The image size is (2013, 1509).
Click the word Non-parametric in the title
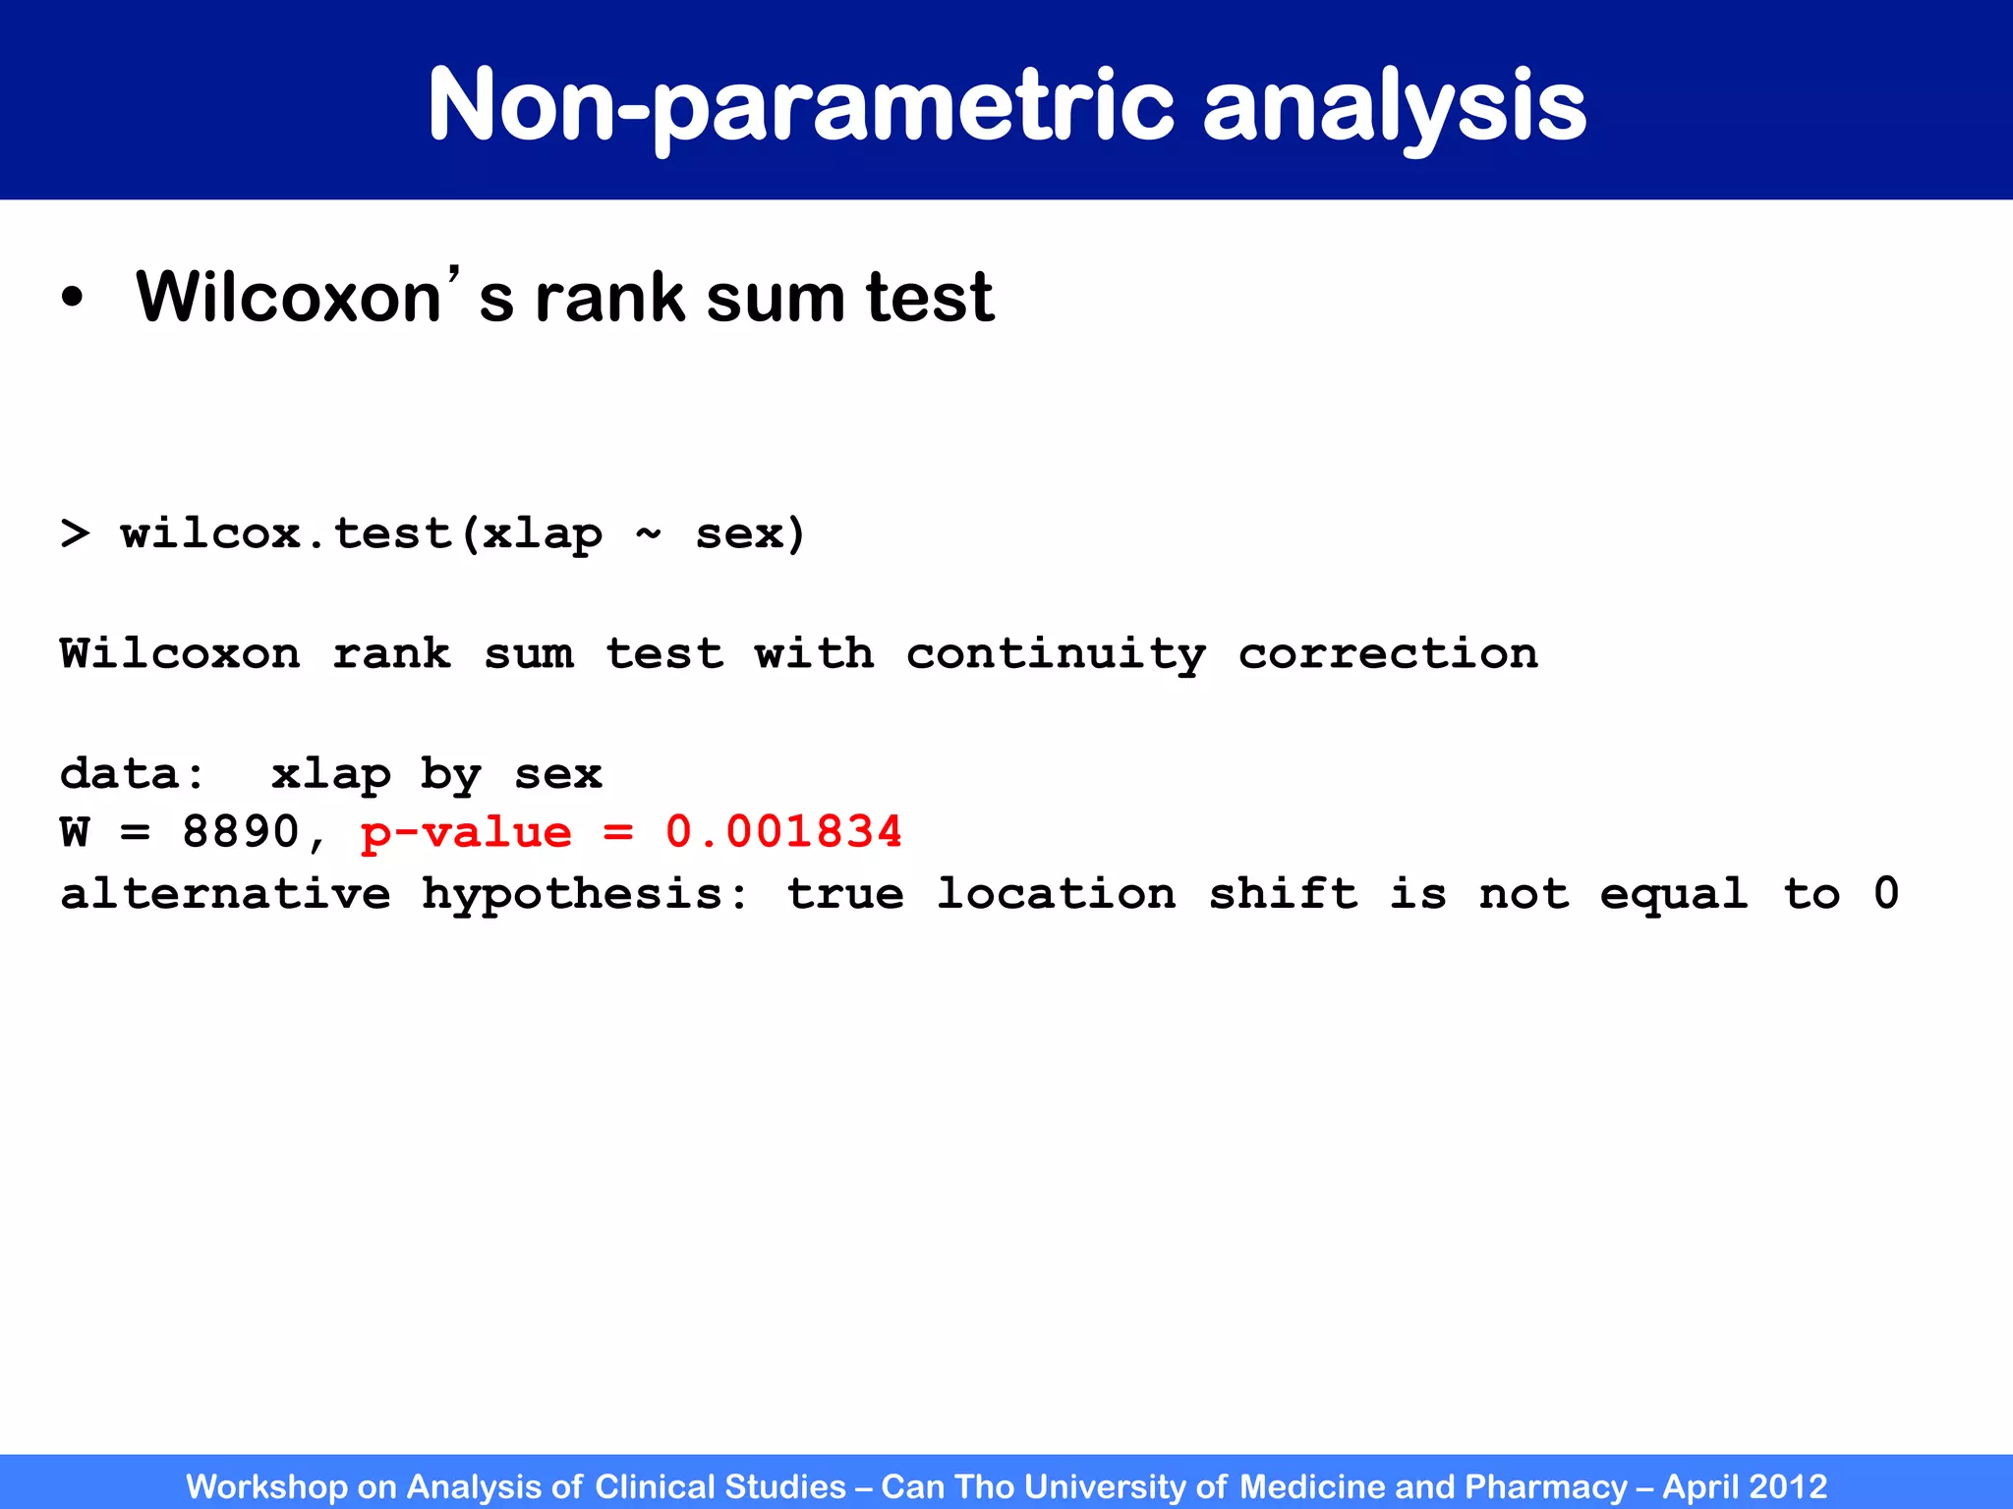801,105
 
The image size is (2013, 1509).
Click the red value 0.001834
783,833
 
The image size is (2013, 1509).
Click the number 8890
240,833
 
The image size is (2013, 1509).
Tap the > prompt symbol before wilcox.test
75,534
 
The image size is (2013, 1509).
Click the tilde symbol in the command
648,532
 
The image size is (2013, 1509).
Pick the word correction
1388,654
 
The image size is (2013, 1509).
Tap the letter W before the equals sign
75,833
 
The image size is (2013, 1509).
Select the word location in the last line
1056,894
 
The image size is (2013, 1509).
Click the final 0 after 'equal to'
1885,894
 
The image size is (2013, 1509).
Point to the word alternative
225,894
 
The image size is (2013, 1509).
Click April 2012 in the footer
1744,1486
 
